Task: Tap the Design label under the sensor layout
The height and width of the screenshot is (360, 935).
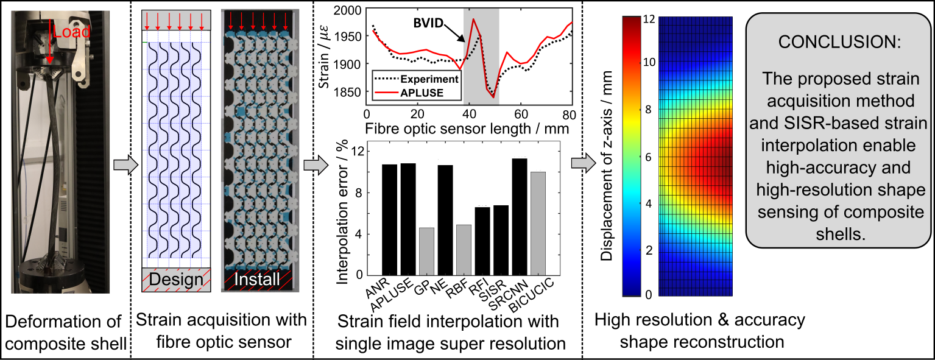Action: point(175,280)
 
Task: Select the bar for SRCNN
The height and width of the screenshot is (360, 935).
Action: point(519,216)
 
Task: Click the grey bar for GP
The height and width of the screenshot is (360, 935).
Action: point(426,251)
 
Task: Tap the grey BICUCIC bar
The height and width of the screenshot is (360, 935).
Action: point(538,223)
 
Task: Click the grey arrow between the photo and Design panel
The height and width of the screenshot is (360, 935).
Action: point(124,164)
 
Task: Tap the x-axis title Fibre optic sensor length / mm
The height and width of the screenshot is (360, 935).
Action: point(468,129)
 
